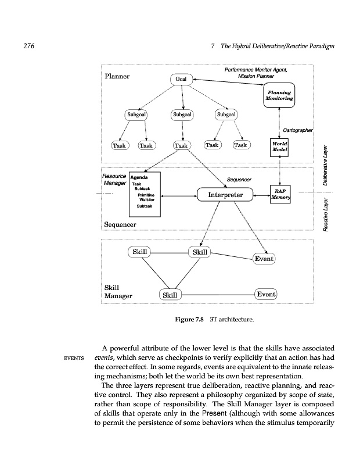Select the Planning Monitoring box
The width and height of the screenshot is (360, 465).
279,96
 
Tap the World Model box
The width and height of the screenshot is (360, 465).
279,147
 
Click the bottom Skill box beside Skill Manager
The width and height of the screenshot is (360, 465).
170,295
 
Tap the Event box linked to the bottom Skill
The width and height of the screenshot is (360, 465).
266,294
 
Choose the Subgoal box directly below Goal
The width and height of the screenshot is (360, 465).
182,115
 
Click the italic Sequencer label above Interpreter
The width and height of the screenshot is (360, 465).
239,180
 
